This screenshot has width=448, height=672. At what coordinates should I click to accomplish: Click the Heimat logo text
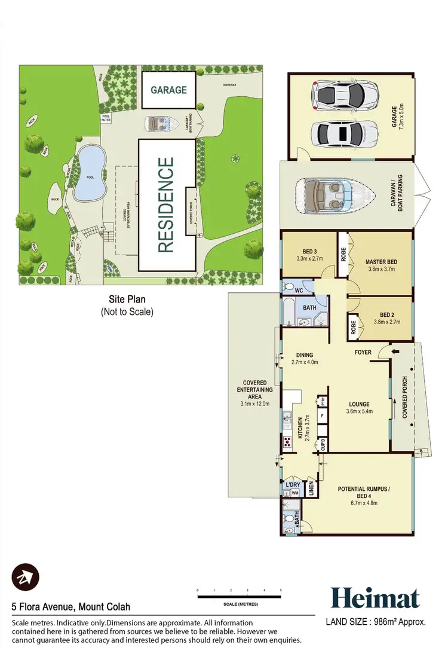375,598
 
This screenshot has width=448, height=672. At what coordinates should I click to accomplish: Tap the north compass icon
25,578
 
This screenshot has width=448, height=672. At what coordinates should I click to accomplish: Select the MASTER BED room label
381,265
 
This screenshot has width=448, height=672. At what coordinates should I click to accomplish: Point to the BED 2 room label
386,318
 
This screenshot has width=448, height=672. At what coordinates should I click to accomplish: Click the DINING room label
305,358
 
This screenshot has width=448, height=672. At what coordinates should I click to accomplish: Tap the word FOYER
363,352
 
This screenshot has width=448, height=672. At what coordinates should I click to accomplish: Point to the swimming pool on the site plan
90,173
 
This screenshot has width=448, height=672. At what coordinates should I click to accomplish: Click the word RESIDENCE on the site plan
167,204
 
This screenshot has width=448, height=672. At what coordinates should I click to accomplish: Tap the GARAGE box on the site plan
168,90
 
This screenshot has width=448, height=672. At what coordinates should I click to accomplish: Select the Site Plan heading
127,300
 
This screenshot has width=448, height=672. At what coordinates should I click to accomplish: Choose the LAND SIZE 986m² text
375,622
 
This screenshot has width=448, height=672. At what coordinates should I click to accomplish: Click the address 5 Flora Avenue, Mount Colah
70,607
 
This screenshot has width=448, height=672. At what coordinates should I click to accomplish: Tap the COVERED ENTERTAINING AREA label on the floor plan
258,393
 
